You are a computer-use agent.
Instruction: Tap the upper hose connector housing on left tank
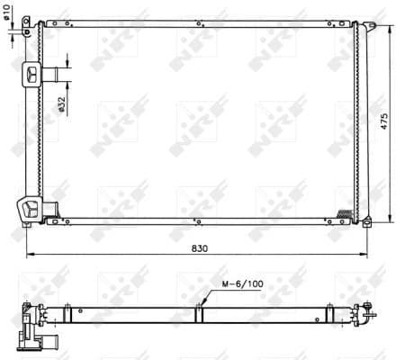[34, 74]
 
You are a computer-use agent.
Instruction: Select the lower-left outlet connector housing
[34, 209]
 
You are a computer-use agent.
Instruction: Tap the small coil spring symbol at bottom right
[345, 212]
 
